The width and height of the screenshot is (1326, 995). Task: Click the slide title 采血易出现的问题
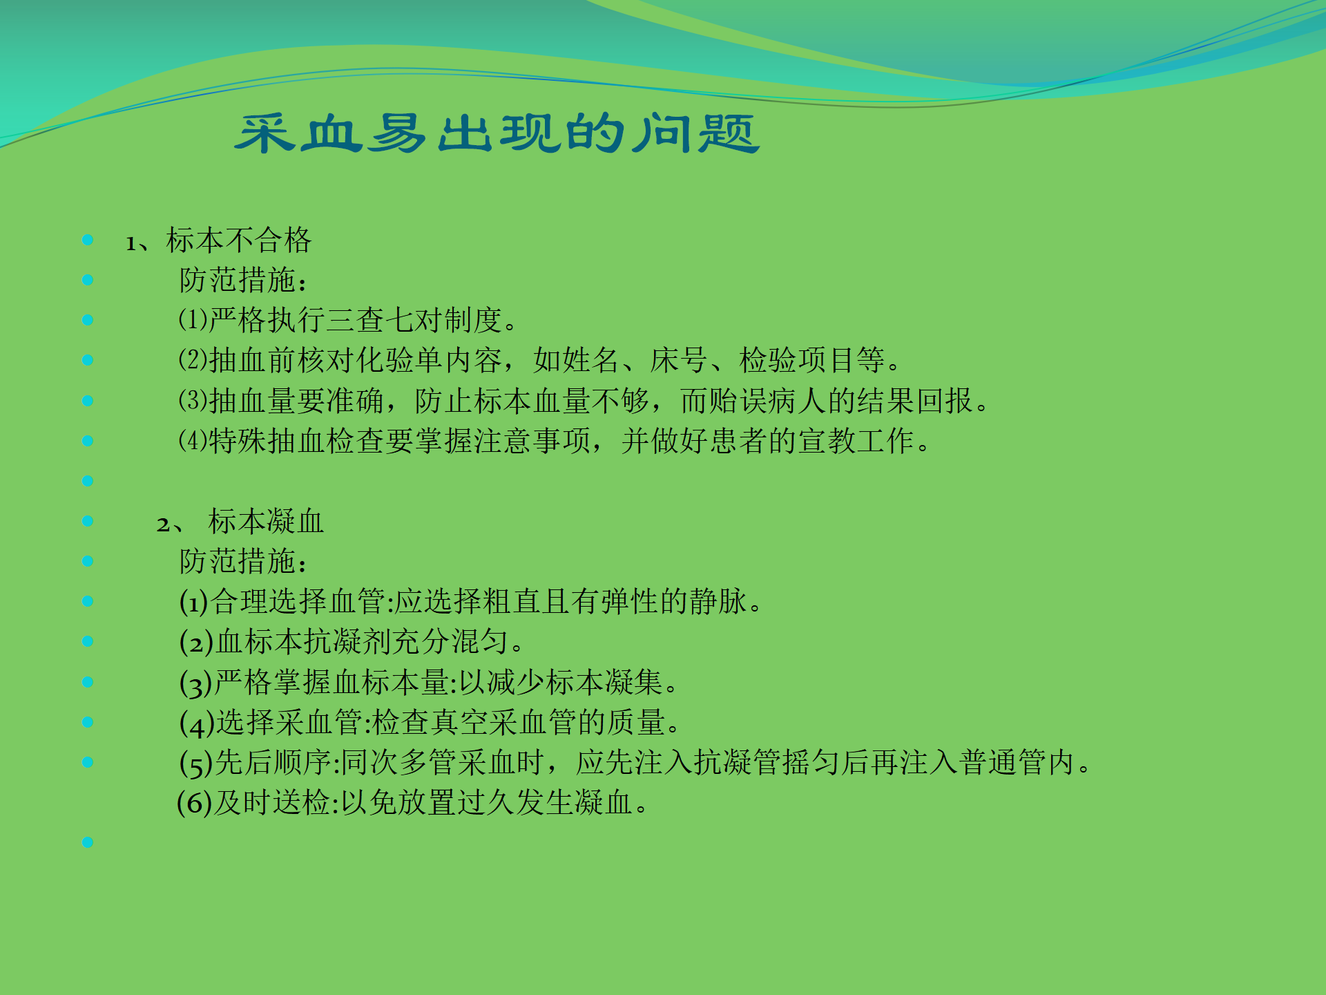pyautogui.click(x=497, y=133)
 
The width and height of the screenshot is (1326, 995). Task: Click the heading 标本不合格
pyautogui.click(x=238, y=240)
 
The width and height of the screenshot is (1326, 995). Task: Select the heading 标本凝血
pyautogui.click(x=266, y=522)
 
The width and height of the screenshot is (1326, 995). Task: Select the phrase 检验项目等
pyautogui.click(x=811, y=360)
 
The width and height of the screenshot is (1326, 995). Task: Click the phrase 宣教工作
pyautogui.click(x=856, y=441)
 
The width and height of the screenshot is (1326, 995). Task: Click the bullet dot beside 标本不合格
pyautogui.click(x=88, y=240)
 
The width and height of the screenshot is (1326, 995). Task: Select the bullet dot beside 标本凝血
pyautogui.click(x=88, y=521)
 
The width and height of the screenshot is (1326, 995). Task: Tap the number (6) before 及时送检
pyautogui.click(x=194, y=803)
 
